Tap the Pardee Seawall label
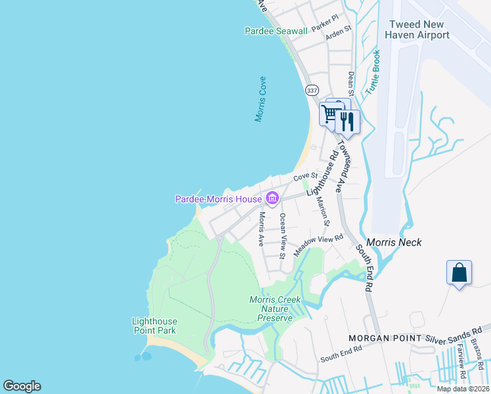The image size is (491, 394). click(276, 31)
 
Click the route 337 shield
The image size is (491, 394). click(311, 89)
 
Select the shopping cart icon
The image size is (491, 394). click(330, 114)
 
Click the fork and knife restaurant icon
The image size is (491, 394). click(347, 121)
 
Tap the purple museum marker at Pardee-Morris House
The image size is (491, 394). click(272, 198)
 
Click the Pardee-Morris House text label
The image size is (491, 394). click(218, 199)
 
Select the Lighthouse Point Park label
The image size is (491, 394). click(154, 326)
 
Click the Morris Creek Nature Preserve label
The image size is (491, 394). click(275, 309)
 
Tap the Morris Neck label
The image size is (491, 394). click(394, 242)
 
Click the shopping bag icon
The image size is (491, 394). click(459, 273)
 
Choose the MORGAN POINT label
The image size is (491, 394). click(385, 338)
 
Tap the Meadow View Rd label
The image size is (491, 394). click(318, 246)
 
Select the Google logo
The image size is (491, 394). click(22, 386)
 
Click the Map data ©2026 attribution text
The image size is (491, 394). click(462, 389)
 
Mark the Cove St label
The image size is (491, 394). click(305, 177)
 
